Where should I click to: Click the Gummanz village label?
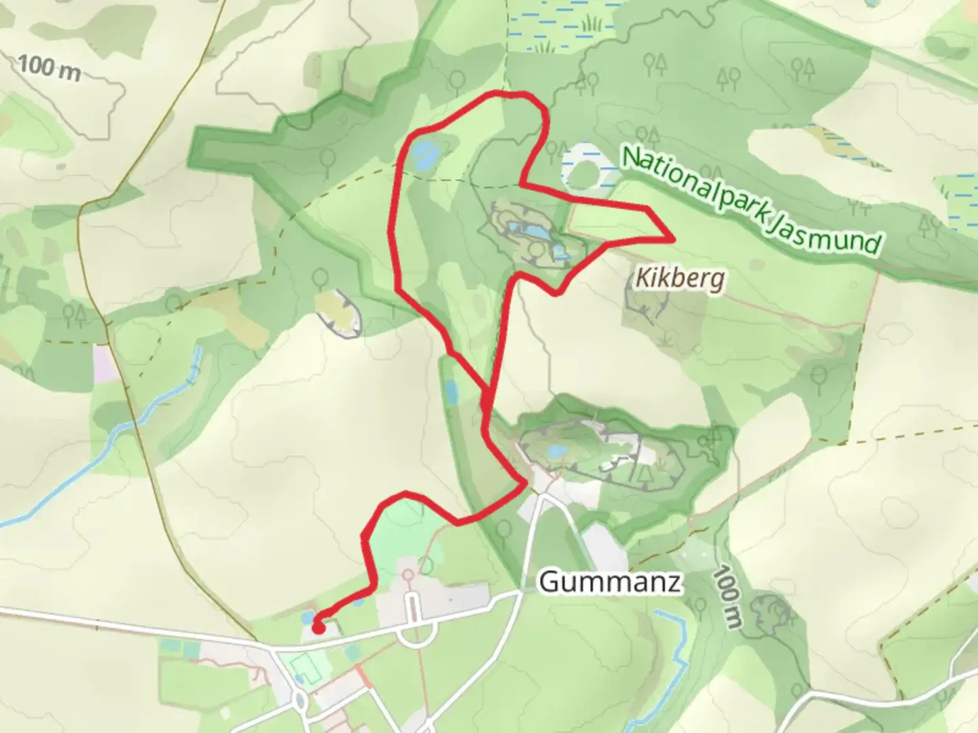tap(609, 582)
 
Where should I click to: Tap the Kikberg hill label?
tap(680, 278)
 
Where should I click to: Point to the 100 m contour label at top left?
tap(49, 67)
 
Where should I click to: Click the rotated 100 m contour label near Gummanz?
tap(727, 597)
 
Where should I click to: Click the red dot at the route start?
tap(317, 628)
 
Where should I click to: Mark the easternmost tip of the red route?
tap(673, 239)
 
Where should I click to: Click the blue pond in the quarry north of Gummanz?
tap(556, 451)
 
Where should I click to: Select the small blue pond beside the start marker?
tap(308, 618)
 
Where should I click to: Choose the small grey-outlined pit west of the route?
tap(339, 314)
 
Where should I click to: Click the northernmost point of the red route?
tap(503, 92)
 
